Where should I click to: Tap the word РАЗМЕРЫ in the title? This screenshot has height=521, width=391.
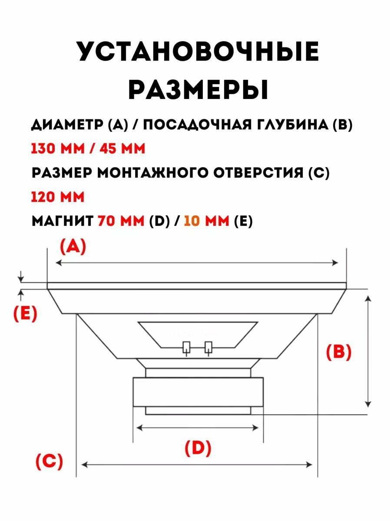click(198, 89)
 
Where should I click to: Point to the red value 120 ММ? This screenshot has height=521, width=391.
click(57, 197)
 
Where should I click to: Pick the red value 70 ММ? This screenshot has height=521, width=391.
click(121, 221)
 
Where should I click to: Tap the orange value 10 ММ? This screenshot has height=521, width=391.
click(206, 221)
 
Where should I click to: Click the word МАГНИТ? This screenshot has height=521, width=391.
click(62, 221)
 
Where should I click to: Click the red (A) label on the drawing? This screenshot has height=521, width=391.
click(73, 247)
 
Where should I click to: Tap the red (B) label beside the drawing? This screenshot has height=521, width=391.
click(338, 353)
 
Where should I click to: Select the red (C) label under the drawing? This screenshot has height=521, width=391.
click(49, 461)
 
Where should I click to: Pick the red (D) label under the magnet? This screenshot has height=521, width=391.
click(198, 448)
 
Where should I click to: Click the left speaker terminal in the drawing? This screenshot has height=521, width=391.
click(187, 348)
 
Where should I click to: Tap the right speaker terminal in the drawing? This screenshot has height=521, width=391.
click(209, 348)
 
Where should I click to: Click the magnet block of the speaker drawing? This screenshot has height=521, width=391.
click(198, 392)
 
